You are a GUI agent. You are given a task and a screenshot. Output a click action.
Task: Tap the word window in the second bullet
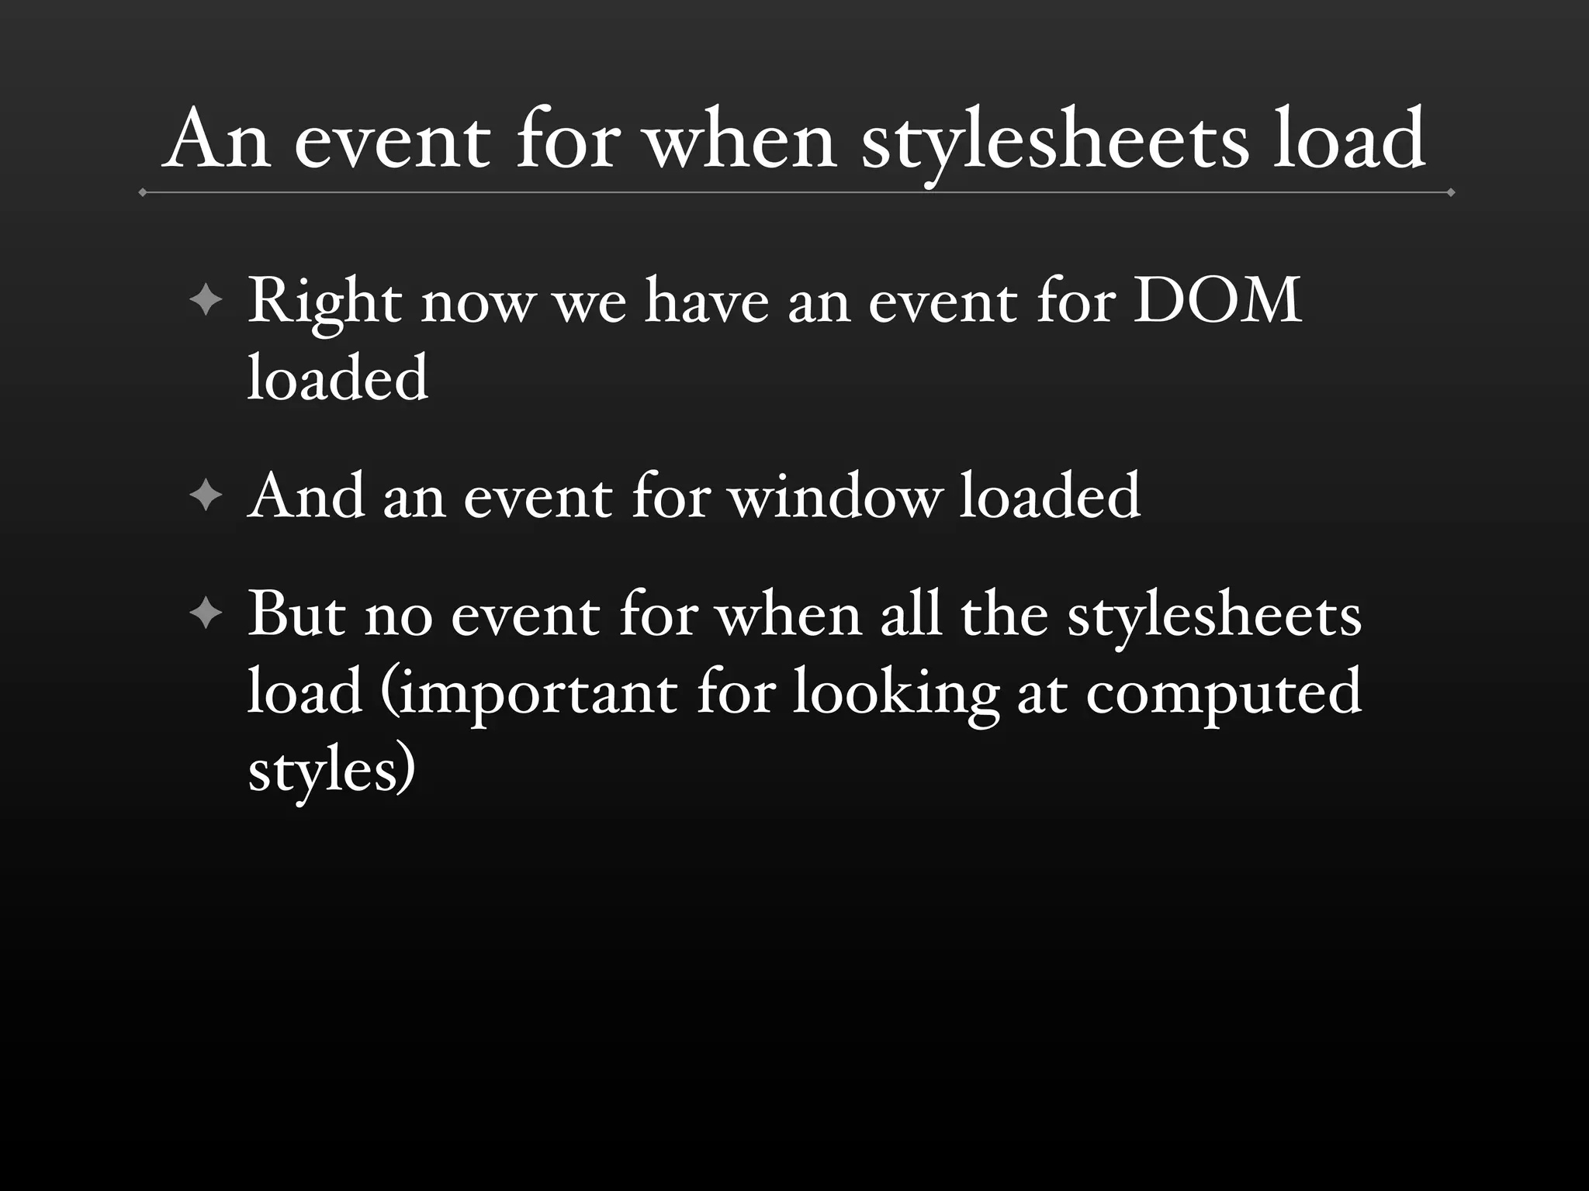(835, 496)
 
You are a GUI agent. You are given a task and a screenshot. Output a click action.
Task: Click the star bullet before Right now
(206, 300)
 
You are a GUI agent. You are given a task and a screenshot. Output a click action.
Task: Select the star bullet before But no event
(206, 615)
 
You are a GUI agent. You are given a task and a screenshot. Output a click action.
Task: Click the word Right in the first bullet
(325, 302)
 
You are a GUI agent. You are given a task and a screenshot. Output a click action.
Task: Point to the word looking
(895, 692)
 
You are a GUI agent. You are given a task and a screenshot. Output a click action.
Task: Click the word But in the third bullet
(296, 615)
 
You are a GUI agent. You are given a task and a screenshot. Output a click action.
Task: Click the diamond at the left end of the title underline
(143, 192)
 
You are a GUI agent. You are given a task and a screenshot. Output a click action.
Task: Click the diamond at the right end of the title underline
(1450, 192)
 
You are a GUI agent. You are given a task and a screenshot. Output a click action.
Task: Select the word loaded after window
(1050, 496)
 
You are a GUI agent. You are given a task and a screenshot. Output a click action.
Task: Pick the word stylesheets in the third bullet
(1214, 615)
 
